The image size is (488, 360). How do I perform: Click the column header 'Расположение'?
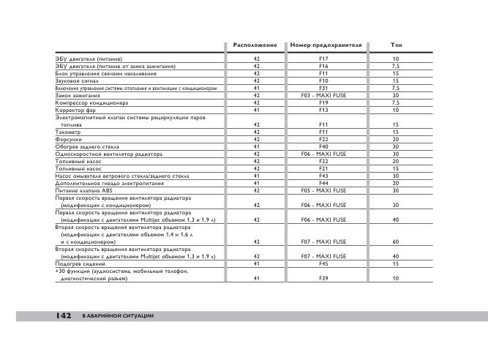(x=255, y=45)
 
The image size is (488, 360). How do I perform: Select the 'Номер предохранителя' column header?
(x=326, y=45)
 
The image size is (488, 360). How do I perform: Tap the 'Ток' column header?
(x=397, y=45)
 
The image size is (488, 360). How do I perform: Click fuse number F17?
(x=323, y=59)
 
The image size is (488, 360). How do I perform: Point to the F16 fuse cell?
(x=323, y=66)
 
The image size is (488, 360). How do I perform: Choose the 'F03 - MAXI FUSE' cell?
(x=324, y=95)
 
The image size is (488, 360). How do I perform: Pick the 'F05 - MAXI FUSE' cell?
(x=324, y=190)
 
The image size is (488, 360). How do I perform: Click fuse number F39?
(x=323, y=279)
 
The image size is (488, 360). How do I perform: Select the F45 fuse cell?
(x=323, y=263)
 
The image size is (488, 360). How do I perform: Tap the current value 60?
(x=396, y=241)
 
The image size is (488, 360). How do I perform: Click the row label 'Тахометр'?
(x=68, y=132)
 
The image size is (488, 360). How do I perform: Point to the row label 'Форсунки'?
(x=68, y=139)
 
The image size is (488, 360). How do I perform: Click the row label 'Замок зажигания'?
(x=78, y=95)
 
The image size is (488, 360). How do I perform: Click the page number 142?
(x=62, y=315)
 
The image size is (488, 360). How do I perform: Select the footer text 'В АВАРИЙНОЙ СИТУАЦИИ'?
(x=117, y=315)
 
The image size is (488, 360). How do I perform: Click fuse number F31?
(x=323, y=88)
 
